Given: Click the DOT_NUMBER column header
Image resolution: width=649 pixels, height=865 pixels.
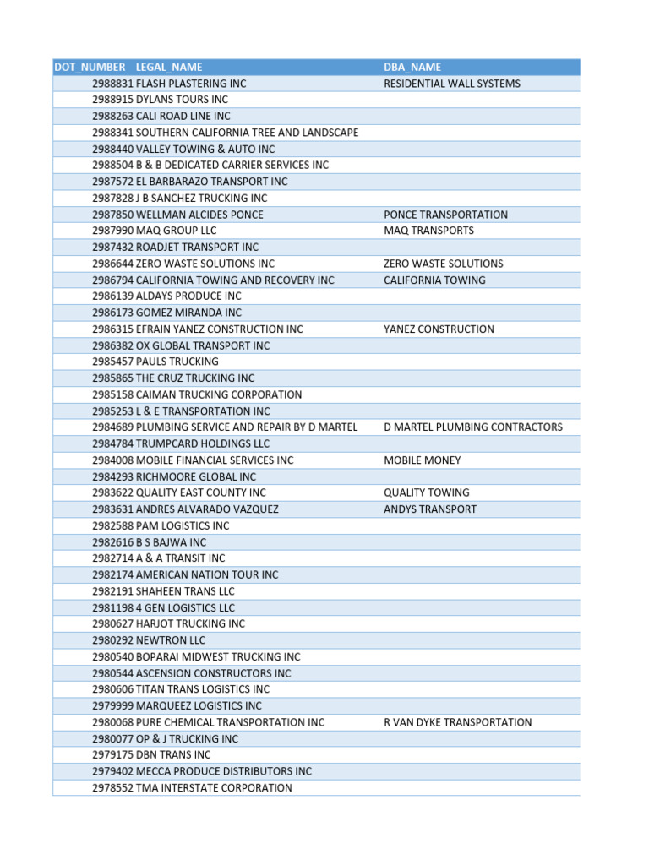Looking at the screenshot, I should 90,68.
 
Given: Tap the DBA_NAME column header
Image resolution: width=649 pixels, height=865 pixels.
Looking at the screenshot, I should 412,68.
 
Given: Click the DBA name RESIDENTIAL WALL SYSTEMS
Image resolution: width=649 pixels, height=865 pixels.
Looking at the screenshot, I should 452,84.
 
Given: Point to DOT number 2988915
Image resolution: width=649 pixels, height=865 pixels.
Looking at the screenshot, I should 113,100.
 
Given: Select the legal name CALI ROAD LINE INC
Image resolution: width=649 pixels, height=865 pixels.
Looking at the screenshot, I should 183,116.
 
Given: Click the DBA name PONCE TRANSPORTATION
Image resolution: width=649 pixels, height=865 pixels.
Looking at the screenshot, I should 445,215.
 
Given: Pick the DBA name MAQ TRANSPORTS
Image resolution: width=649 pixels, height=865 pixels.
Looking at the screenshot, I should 428,231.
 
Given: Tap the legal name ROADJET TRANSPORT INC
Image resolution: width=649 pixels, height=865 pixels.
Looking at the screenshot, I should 198,248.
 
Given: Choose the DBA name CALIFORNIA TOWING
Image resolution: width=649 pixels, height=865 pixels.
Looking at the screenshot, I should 434,280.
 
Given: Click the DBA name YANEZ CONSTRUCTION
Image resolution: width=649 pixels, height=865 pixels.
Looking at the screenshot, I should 439,329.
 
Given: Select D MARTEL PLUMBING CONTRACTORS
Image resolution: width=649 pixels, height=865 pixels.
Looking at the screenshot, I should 472,427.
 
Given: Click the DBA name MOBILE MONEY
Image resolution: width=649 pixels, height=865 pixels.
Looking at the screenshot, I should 422,460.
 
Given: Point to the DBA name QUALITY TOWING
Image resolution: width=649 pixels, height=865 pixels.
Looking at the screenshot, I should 427,492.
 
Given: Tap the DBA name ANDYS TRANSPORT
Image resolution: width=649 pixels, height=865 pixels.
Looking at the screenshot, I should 430,509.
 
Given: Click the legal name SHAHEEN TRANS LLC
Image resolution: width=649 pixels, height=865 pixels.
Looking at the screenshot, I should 186,591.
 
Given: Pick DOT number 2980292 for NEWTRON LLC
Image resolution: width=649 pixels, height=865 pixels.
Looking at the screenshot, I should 113,640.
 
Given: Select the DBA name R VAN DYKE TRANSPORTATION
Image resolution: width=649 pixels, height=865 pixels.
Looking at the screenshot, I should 457,722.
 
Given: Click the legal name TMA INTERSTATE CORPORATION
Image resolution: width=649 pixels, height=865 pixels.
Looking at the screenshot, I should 215,788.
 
